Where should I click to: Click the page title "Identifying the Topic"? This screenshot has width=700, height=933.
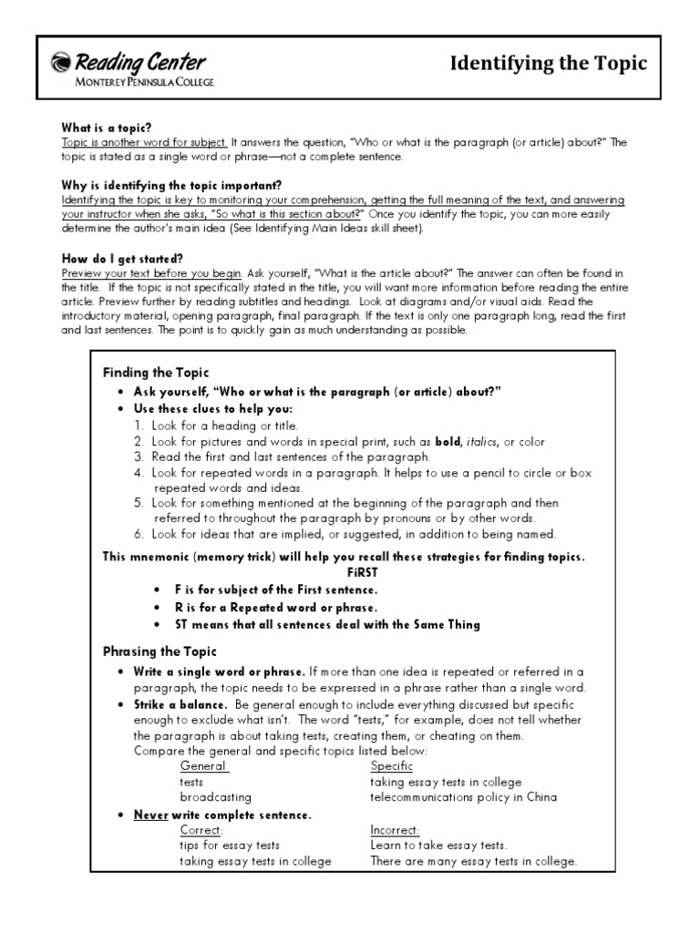coord(549,63)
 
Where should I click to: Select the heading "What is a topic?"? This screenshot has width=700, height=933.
coord(106,128)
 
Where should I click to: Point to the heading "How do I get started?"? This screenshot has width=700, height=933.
coord(122,259)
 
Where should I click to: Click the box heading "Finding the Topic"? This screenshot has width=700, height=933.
coord(156,373)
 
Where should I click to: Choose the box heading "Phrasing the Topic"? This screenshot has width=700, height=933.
coord(160,651)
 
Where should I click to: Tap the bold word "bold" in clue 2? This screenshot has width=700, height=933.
coord(448,442)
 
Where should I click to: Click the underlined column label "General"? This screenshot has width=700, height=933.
coord(203,766)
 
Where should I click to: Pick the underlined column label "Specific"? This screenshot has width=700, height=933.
coord(391,766)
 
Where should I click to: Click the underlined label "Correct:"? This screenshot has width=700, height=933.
coord(201,830)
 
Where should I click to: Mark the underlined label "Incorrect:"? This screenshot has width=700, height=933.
coord(395,830)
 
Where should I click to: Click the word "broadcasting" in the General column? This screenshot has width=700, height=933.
coord(215,797)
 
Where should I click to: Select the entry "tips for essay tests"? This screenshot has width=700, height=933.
coord(230,846)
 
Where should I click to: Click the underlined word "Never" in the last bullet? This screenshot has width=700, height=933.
coord(151,815)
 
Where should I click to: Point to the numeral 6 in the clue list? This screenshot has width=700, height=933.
coord(138,534)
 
